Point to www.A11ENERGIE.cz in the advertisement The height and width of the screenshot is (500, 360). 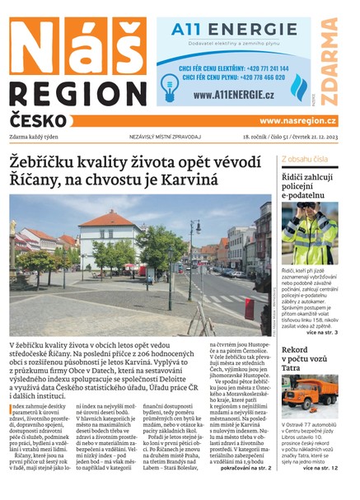coord(235,95)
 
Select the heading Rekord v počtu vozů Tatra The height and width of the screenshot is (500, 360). coord(305,360)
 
